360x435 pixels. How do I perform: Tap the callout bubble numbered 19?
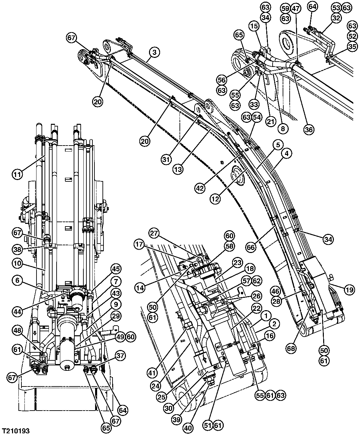point(349,291)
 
